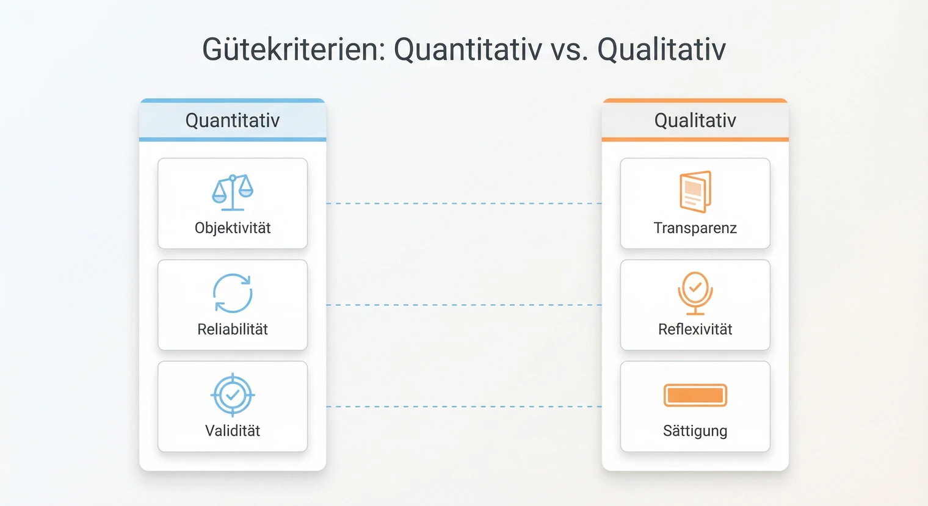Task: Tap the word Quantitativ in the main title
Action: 468,49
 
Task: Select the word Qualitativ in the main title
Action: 661,49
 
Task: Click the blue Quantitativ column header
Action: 233,120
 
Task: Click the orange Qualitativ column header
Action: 695,120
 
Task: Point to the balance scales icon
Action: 233,192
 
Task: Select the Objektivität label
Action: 233,228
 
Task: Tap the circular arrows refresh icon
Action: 233,293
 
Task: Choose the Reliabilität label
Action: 233,330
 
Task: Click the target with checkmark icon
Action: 233,395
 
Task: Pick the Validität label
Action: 233,431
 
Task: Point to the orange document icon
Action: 695,192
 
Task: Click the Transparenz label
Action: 695,228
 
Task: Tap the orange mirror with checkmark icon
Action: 695,292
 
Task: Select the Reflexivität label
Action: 695,330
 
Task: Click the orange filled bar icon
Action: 695,396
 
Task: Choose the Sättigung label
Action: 695,431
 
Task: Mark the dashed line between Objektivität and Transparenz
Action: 464,203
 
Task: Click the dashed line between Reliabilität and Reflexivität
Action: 464,305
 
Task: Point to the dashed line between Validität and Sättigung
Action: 464,407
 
